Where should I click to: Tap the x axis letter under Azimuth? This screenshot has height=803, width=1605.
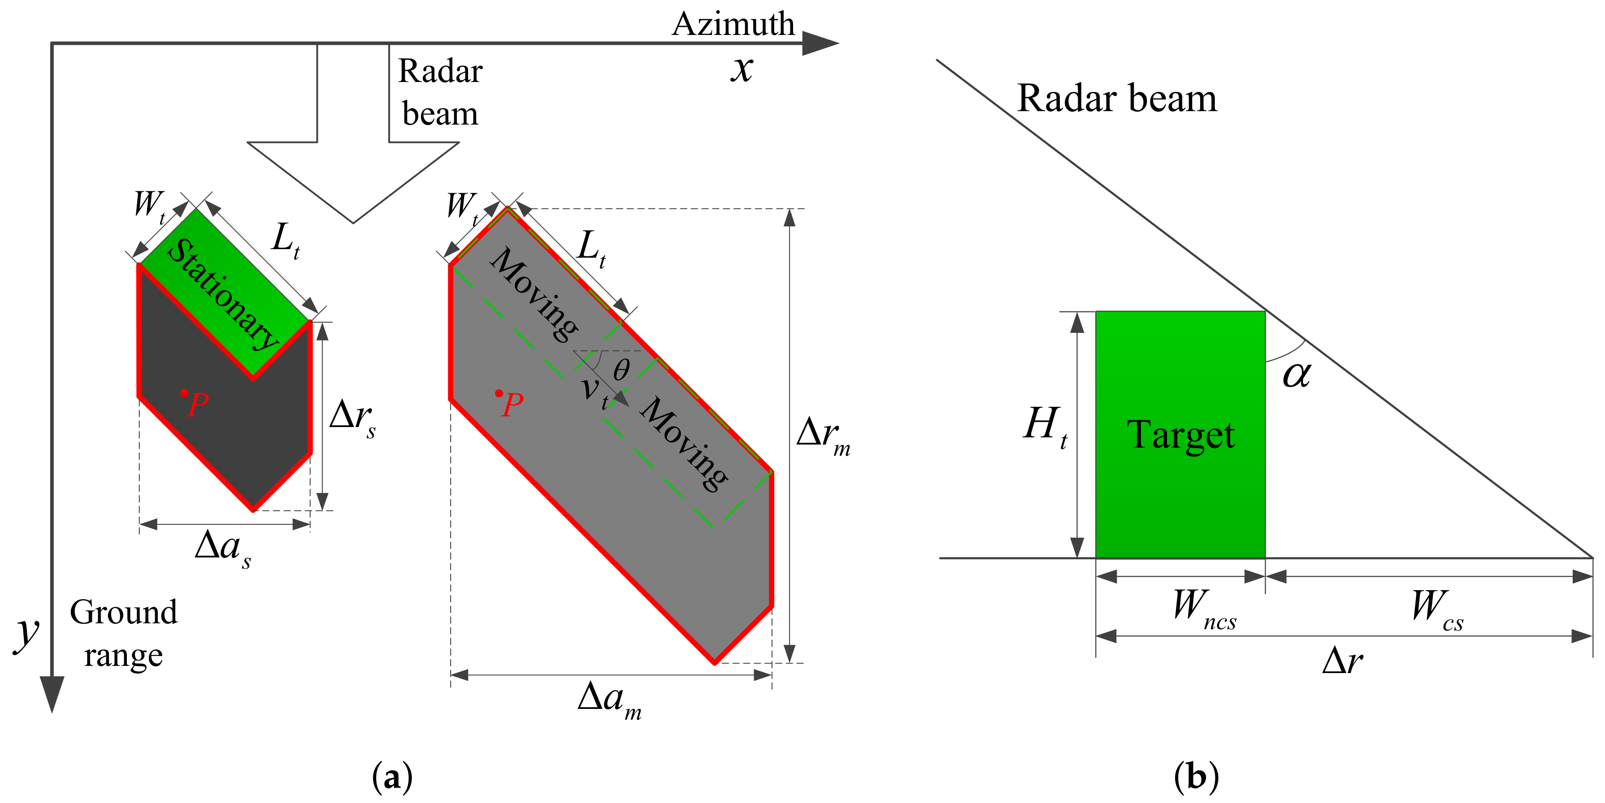[742, 69]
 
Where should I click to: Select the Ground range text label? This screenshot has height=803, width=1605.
[123, 633]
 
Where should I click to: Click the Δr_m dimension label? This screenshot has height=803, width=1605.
[822, 434]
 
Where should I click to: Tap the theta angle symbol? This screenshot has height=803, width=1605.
[621, 371]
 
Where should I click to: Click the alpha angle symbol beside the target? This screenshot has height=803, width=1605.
[1297, 375]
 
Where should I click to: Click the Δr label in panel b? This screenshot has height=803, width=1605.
[1343, 661]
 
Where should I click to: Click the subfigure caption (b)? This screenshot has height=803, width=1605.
[1196, 777]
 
